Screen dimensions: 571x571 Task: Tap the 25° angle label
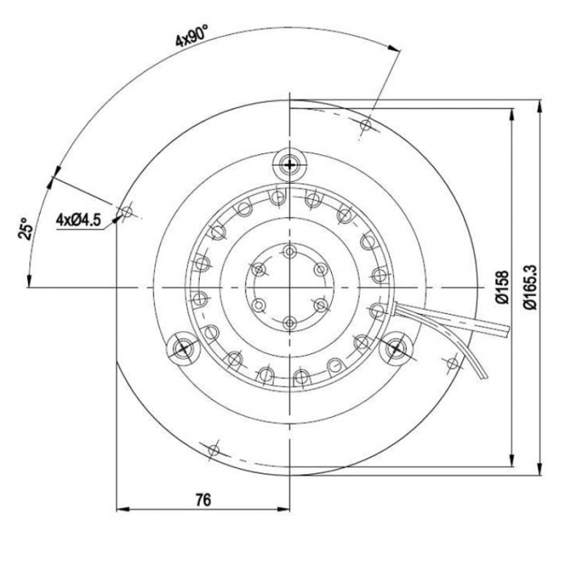[x=25, y=230]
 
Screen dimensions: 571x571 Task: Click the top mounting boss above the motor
[x=290, y=166]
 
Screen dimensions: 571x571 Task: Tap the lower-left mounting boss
[x=182, y=349]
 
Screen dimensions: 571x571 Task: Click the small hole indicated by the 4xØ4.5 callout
[x=125, y=212]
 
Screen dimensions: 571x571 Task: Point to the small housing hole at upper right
[x=366, y=125]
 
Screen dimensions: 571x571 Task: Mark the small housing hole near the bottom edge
[x=215, y=448]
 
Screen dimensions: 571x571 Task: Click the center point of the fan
[x=290, y=287]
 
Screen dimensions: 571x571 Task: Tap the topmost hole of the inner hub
[x=290, y=252]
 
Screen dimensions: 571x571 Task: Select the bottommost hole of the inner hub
[x=290, y=321]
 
